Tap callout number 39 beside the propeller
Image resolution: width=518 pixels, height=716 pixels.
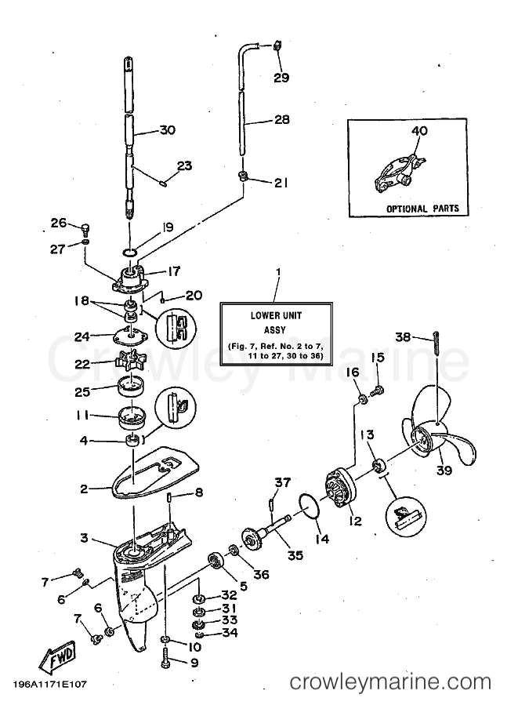[x=444, y=472]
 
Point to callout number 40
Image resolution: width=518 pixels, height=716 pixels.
[x=419, y=131]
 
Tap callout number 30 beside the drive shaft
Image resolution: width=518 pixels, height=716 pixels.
[x=166, y=130]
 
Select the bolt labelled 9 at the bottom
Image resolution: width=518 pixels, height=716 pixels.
[x=167, y=661]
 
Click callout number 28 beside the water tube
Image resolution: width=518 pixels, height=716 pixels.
[x=281, y=120]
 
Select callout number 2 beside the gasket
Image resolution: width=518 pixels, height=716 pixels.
[x=85, y=488]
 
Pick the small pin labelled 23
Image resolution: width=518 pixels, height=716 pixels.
[x=164, y=184]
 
